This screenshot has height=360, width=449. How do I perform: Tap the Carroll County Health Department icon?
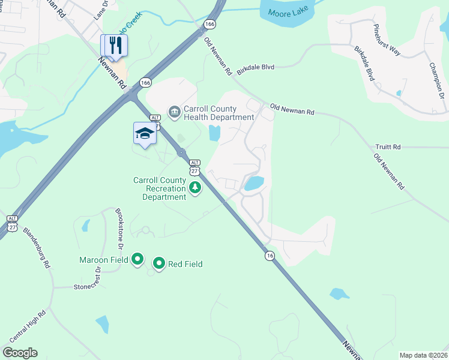point(174,112)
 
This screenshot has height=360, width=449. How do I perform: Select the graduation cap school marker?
point(144,133)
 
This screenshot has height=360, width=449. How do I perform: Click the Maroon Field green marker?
point(137,260)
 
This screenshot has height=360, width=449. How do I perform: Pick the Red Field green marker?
point(159,263)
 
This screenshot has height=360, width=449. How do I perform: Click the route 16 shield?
point(270,256)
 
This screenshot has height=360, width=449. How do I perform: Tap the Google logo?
point(20,353)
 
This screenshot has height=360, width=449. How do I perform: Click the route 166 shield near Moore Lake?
point(209,24)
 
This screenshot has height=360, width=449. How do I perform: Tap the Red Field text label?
point(185,264)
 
